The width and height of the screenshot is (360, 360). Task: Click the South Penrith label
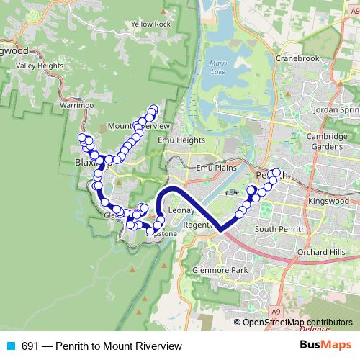282,229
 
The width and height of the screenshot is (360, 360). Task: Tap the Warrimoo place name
78,105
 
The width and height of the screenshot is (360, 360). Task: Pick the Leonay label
181,210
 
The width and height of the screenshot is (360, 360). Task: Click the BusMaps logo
325,346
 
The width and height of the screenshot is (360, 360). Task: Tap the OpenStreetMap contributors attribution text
297,323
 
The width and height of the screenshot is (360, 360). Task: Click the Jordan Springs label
338,110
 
